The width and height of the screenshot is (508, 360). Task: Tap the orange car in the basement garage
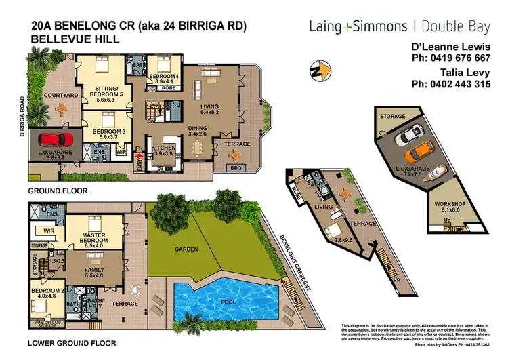pos(423,148)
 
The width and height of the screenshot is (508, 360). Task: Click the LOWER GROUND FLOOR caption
pos(71,344)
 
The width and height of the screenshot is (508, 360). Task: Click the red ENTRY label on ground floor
pos(140,156)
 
